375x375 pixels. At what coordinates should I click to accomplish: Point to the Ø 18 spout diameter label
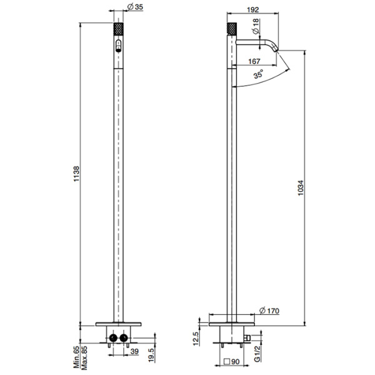(256, 26)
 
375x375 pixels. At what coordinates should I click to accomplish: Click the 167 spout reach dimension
(254, 61)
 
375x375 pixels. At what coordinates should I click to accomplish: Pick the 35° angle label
(259, 74)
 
